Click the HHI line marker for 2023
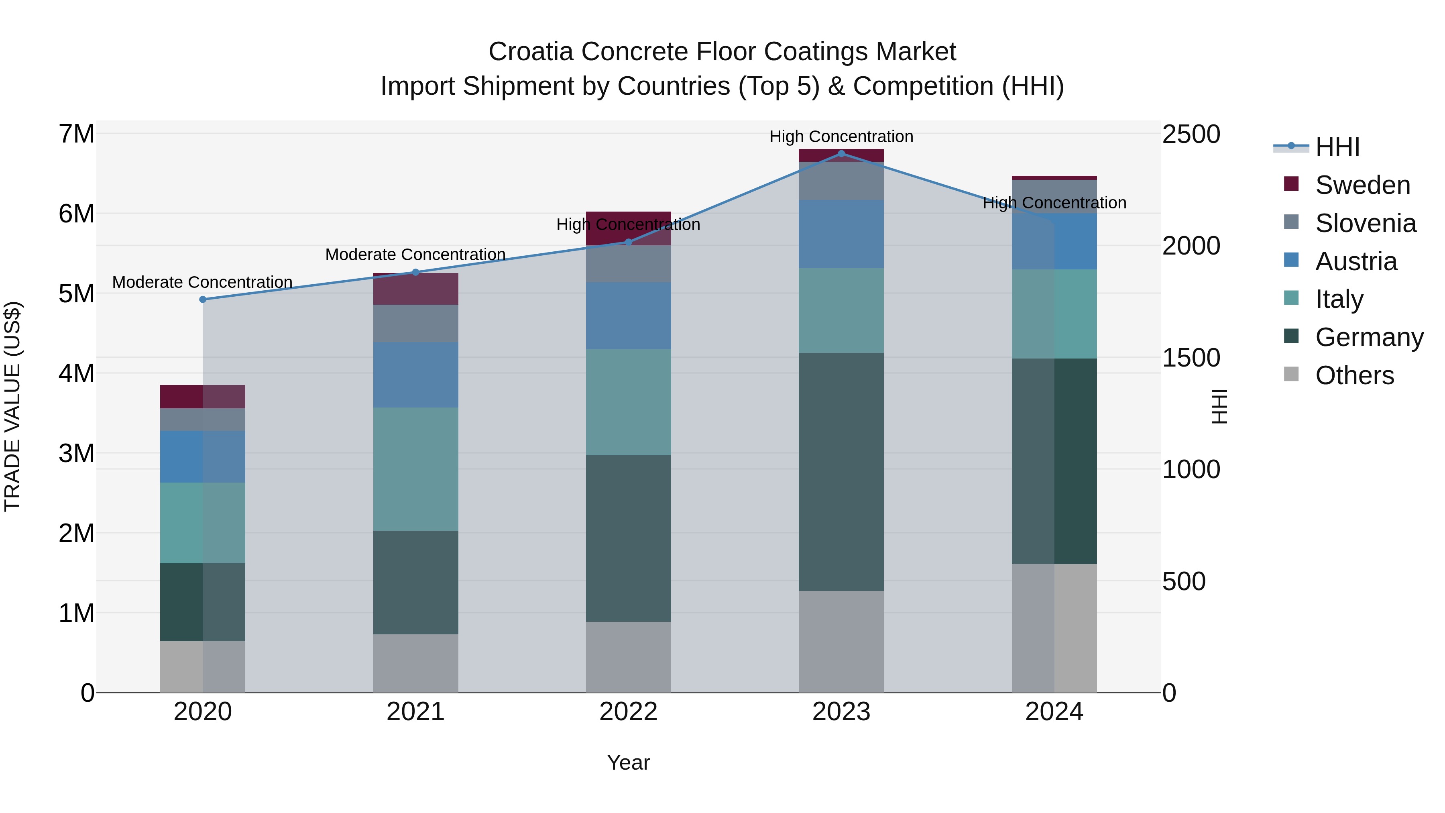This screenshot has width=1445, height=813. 841,153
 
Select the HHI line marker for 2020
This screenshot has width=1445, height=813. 203,300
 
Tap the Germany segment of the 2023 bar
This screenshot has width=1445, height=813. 841,471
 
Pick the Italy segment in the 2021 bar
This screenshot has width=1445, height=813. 416,469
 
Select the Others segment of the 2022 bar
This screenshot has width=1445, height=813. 628,656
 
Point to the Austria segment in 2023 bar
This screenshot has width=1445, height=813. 841,234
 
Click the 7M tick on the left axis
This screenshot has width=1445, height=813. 76,134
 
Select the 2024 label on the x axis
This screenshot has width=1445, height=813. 1054,712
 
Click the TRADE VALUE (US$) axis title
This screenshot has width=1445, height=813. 12,406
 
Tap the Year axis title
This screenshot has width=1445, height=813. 628,762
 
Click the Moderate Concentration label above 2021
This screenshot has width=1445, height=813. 416,255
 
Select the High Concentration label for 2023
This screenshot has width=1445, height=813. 841,137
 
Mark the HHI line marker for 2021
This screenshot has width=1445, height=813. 416,273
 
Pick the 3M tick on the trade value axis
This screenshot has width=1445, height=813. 76,453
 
